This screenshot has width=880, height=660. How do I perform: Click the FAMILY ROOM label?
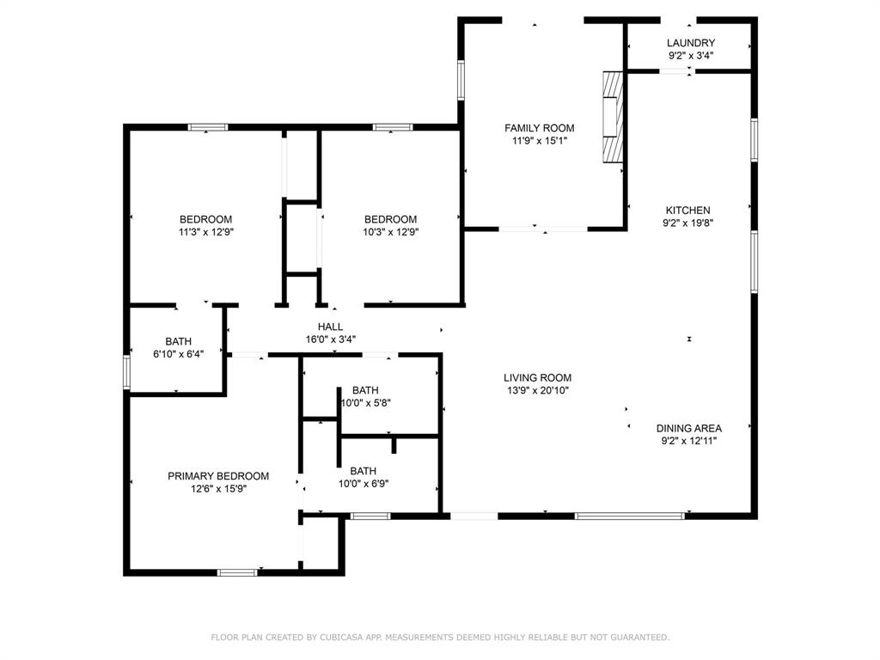pyautogui.click(x=539, y=128)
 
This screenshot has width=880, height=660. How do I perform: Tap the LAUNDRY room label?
pyautogui.click(x=691, y=43)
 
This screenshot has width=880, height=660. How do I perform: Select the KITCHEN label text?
pyautogui.click(x=687, y=210)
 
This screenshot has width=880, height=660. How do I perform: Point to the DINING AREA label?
pyautogui.click(x=688, y=428)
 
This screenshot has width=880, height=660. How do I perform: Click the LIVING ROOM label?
pyautogui.click(x=537, y=377)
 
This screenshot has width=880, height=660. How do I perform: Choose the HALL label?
pyautogui.click(x=330, y=327)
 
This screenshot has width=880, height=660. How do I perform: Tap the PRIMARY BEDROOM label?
pyautogui.click(x=217, y=476)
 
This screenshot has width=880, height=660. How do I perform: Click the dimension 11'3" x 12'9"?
pyautogui.click(x=205, y=231)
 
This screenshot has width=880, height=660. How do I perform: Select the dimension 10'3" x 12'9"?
pyautogui.click(x=390, y=231)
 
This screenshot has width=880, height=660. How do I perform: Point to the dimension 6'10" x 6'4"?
pyautogui.click(x=179, y=352)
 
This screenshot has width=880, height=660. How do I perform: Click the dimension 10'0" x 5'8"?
pyautogui.click(x=365, y=402)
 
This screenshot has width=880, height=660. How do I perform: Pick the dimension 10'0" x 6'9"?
pyautogui.click(x=363, y=483)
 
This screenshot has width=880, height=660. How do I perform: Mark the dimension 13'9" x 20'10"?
pyautogui.click(x=537, y=390)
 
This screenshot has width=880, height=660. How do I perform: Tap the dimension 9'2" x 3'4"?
pyautogui.click(x=691, y=56)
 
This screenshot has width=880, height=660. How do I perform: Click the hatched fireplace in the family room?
pyautogui.click(x=611, y=117)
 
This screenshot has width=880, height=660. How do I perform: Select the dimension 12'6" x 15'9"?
pyautogui.click(x=217, y=489)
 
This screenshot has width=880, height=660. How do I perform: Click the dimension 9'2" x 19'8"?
pyautogui.click(x=687, y=223)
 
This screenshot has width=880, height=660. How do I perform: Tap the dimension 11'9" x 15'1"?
pyautogui.click(x=539, y=141)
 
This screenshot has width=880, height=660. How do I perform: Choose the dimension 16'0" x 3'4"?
pyautogui.click(x=330, y=339)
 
